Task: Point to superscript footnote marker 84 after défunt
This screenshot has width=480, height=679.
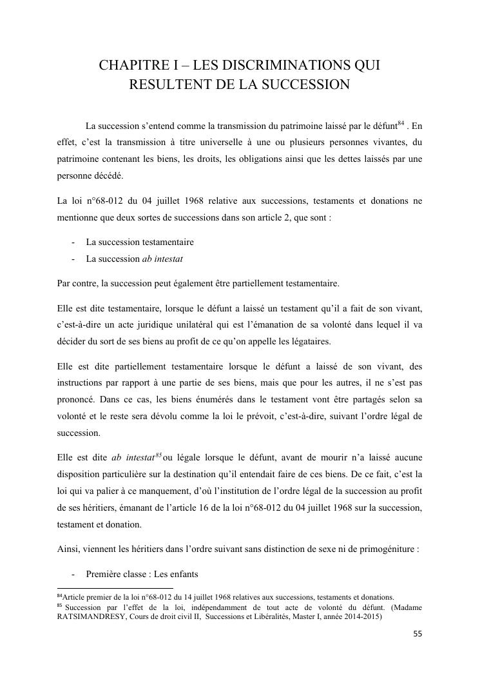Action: click(x=401, y=122)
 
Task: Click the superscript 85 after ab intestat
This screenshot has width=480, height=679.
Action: click(x=158, y=455)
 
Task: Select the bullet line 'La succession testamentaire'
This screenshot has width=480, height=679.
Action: click(x=140, y=242)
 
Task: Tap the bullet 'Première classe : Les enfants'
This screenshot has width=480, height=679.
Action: click(x=142, y=574)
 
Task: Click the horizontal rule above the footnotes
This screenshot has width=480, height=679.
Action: click(x=115, y=588)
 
